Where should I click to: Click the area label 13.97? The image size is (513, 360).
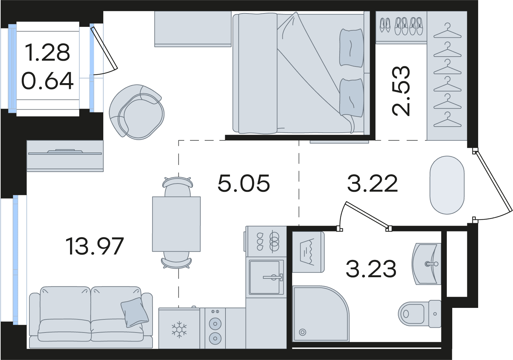coord(95,246)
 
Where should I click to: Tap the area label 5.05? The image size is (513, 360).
coord(244,183)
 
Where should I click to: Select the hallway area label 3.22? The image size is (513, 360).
coord(372,183)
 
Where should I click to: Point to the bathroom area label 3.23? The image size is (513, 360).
coord(371,269)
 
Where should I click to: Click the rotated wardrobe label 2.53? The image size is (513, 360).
coord(401,91)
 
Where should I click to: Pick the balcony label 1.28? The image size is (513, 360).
coord(48,52)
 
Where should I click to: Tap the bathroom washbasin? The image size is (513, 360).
coord(426,264)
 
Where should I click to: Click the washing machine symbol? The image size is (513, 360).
coord(308,252)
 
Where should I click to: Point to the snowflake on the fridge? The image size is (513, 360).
coord(179,331)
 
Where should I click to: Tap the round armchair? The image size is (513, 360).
coord(137,112)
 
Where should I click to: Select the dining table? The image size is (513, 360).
coord(176,224)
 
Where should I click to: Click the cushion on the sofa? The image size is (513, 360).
coord(135,312)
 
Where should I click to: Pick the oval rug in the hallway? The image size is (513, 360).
coord(447,185)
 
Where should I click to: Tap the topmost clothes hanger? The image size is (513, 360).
coord(447,31)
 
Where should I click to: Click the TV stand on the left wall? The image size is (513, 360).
coord(65,156)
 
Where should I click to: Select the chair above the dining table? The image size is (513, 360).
coord(178,187)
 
